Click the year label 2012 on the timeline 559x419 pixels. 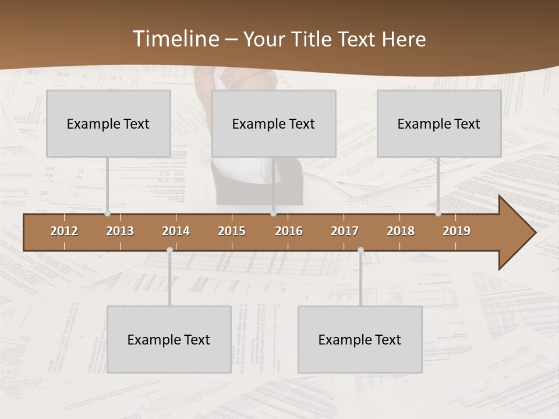pos(64,231)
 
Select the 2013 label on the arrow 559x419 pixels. pos(120,231)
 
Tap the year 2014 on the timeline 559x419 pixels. pos(176,231)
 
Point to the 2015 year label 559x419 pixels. pos(232,231)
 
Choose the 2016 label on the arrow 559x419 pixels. pos(289,231)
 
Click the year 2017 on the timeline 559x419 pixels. pos(345,231)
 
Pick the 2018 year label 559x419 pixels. pos(401,231)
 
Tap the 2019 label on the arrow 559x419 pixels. pos(457,231)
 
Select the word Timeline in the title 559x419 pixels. pos(175,39)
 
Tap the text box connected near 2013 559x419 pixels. pos(108,123)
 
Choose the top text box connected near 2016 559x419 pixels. pos(274,123)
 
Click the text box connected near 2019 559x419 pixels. pos(439,123)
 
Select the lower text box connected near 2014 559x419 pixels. pos(169,339)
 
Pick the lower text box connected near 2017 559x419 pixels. pos(360,339)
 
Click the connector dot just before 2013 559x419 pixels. pos(107,214)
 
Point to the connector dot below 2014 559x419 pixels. pos(169,250)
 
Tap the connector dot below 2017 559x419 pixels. pos(360,250)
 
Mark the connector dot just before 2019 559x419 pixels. pos(438,214)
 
